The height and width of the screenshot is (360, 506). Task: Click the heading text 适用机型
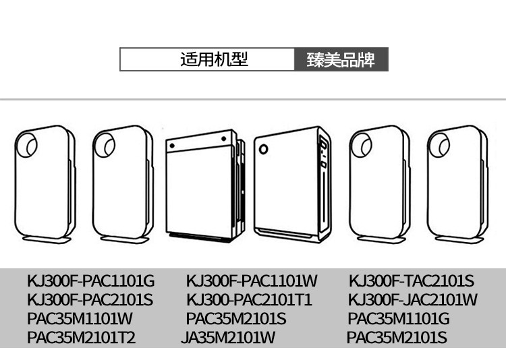coord(214,59)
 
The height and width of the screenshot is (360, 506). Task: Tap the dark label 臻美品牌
coord(341,59)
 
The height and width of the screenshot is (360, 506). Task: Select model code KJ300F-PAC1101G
coord(90,280)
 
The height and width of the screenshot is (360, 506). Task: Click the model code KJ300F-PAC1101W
coord(251,280)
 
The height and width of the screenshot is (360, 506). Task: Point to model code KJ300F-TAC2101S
coord(411,280)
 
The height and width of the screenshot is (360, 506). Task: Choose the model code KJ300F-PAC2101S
coord(90,299)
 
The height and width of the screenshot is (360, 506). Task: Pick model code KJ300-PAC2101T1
coord(249,299)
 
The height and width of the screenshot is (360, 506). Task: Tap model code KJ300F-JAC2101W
coord(412,299)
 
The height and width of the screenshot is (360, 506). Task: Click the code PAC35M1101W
coord(80,318)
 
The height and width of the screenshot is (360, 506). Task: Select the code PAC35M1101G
coord(398,318)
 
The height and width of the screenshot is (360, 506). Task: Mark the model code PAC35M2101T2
coord(81,338)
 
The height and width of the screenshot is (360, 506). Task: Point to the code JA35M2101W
coord(228,338)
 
